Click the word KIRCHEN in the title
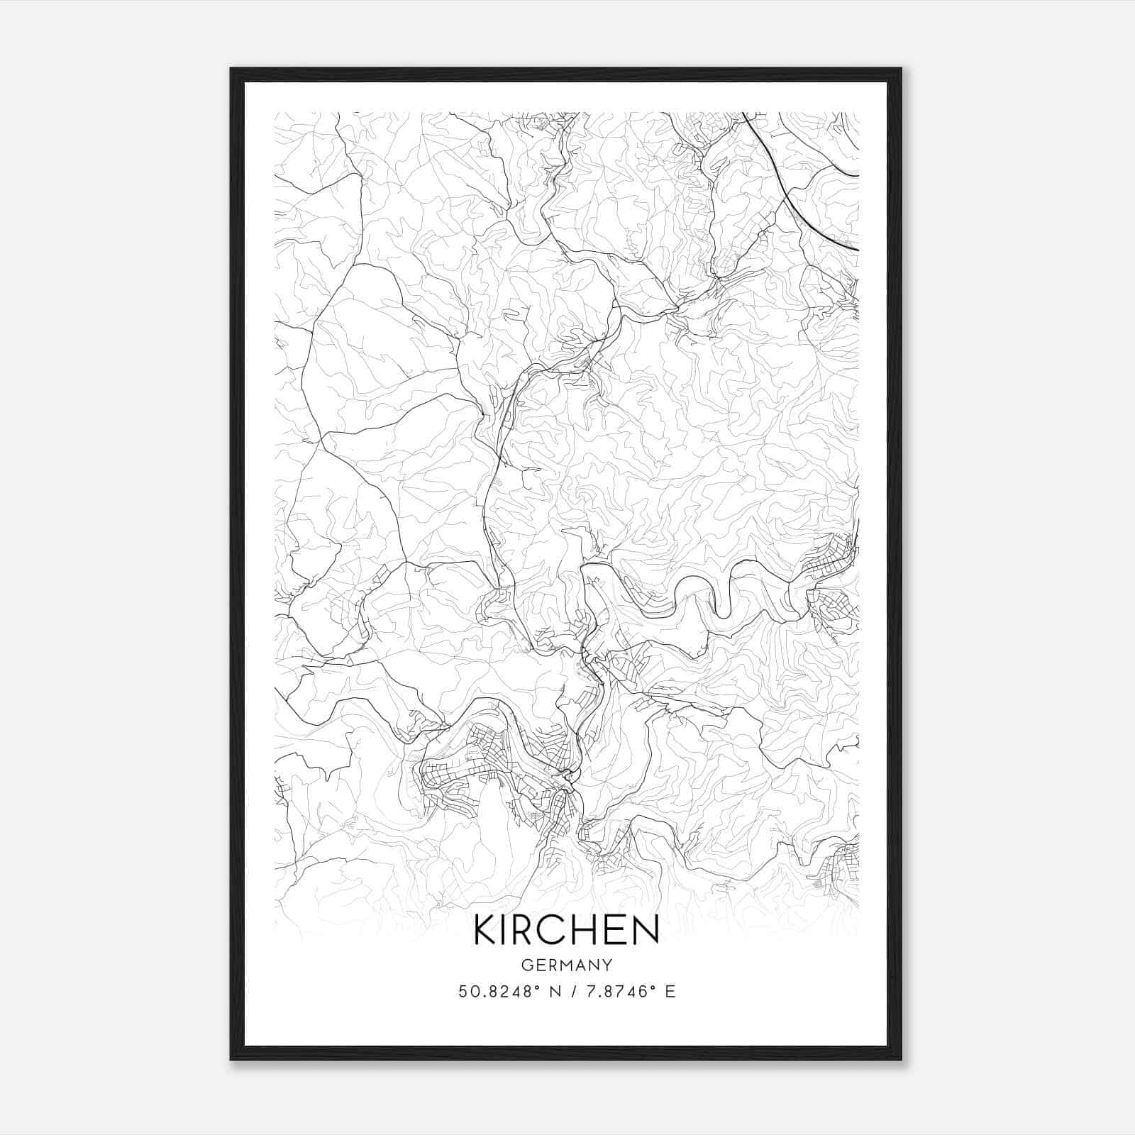point(566,930)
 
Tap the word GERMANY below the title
point(566,965)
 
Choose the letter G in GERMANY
point(526,965)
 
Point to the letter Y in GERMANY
point(607,965)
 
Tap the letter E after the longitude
point(670,992)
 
